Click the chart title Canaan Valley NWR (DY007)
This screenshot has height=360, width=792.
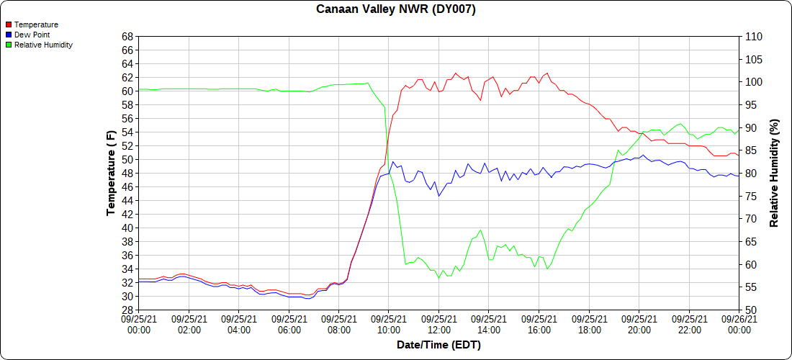point(396,9)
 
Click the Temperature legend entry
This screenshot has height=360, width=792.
point(36,24)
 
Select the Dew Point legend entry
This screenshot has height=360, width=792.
point(32,35)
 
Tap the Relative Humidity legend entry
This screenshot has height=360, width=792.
point(43,45)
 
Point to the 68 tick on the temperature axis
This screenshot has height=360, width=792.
point(127,37)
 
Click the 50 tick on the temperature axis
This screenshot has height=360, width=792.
point(127,160)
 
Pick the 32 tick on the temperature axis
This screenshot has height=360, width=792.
point(127,283)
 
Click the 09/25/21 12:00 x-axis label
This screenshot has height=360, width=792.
point(438,325)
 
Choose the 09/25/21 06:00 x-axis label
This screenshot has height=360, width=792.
point(289,325)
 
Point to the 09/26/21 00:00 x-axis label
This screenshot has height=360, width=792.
point(739,325)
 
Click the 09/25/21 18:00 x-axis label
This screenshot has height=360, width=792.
point(589,325)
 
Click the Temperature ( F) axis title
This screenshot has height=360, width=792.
point(111,174)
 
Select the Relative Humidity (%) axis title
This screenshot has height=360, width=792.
point(775,174)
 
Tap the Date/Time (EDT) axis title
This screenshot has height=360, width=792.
point(438,345)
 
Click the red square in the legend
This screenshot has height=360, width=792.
point(9,24)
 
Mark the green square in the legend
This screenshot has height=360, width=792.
point(9,45)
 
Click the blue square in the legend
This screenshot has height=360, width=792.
point(9,35)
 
